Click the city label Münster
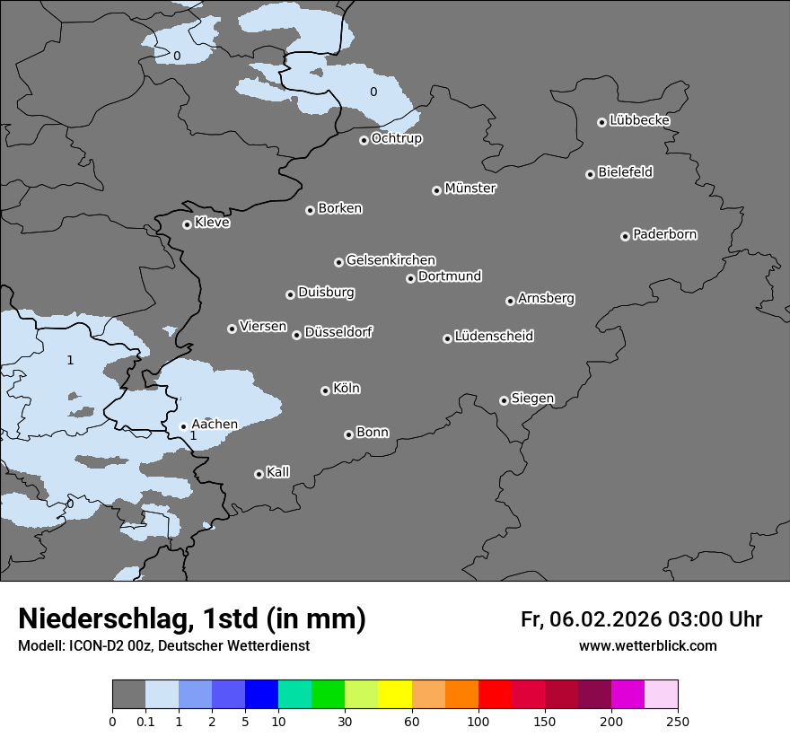click(x=470, y=188)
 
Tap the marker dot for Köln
click(x=325, y=390)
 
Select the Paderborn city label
click(x=665, y=234)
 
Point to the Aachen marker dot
click(x=183, y=427)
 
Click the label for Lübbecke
click(x=640, y=120)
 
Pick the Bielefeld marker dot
click(x=591, y=174)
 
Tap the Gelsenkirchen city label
click(x=391, y=260)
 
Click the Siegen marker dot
click(x=504, y=400)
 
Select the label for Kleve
click(x=213, y=223)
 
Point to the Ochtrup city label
click(x=397, y=138)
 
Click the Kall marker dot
click(x=259, y=474)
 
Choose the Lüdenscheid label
click(x=495, y=337)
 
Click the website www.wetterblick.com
click(x=647, y=646)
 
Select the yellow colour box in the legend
click(x=394, y=695)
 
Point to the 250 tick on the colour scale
click(x=678, y=721)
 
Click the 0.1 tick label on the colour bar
click(x=145, y=721)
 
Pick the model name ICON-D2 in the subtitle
click(x=92, y=646)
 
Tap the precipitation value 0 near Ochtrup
click(x=373, y=92)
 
